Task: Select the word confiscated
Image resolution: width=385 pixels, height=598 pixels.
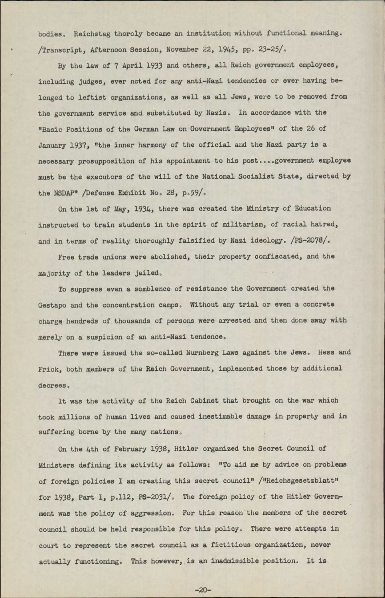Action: point(278,256)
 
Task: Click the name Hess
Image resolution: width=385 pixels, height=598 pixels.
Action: point(325,352)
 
